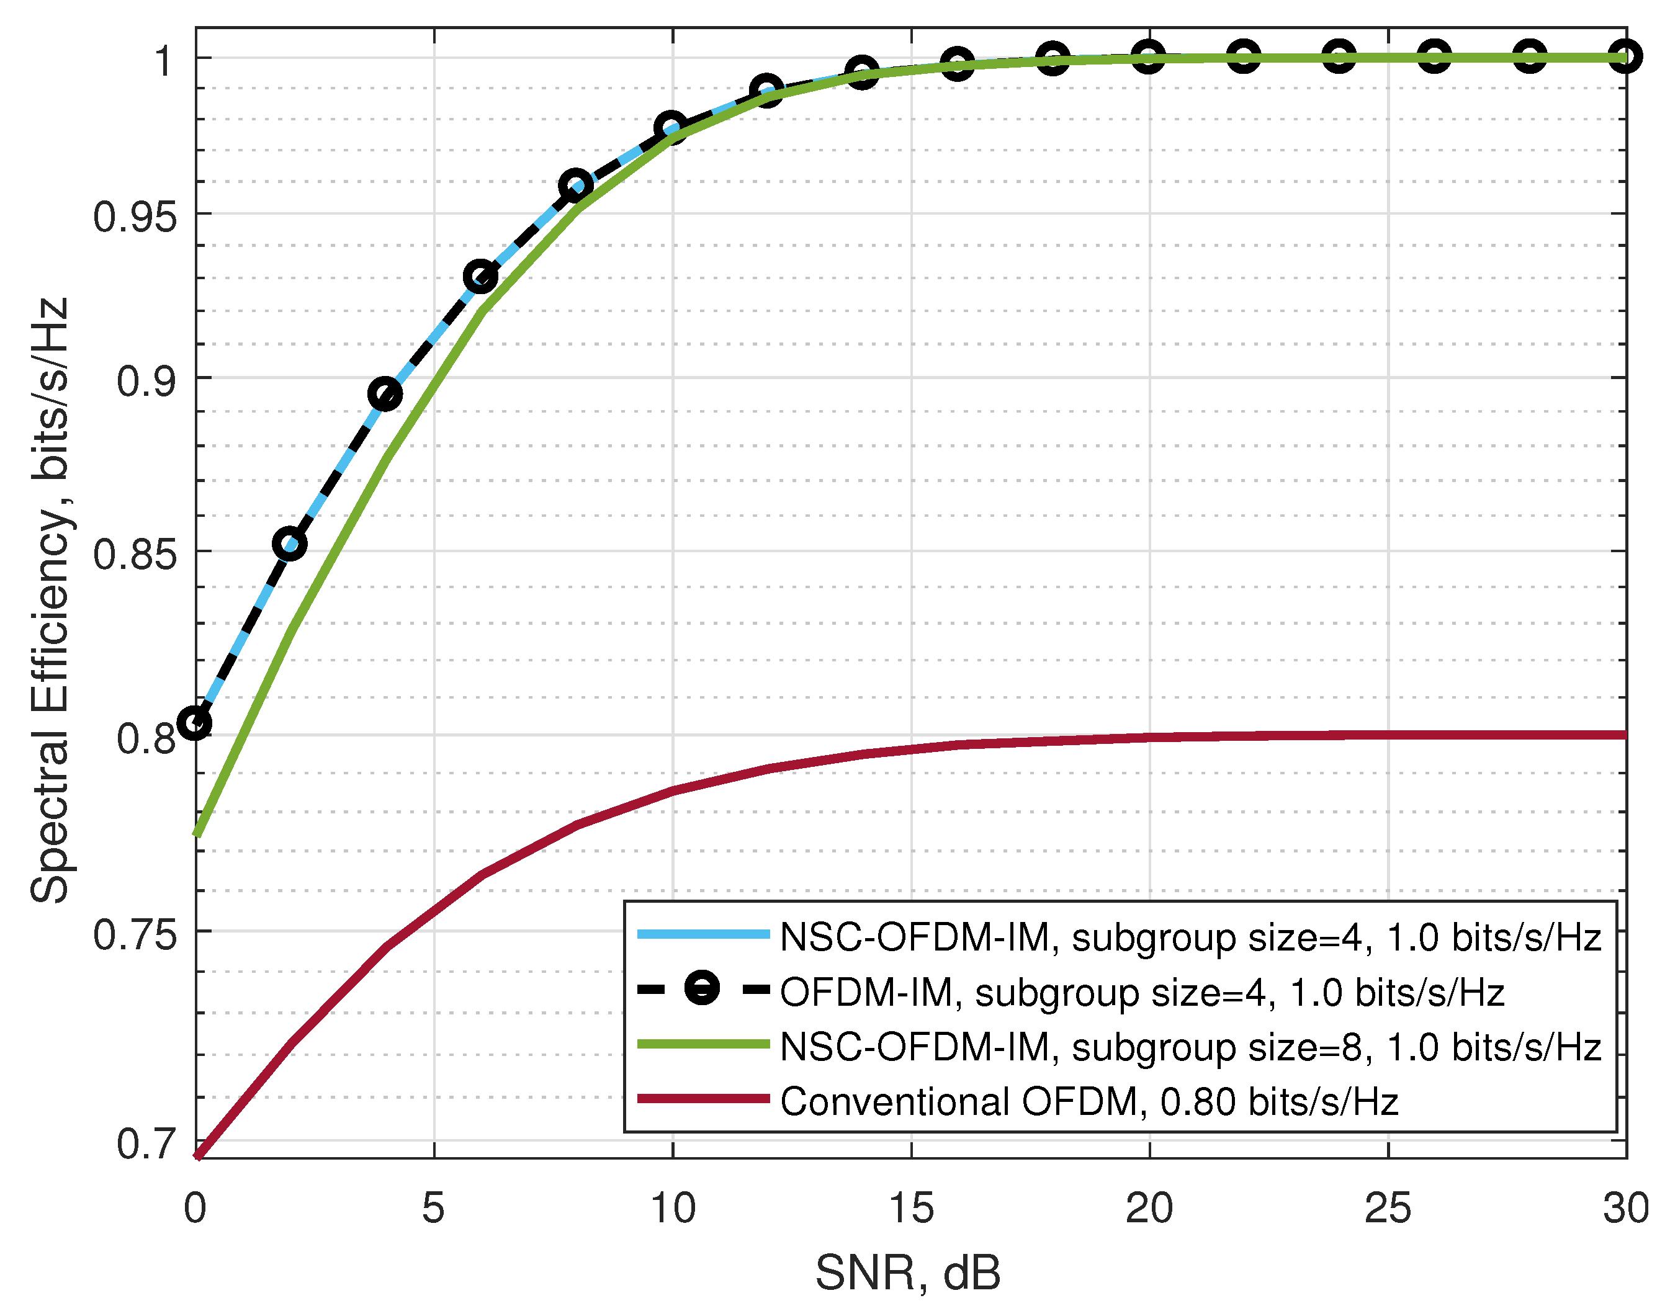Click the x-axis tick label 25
(1388, 1209)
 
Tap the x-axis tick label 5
(433, 1209)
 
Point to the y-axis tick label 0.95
(135, 217)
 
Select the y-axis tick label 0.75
(135, 935)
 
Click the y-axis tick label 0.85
(135, 554)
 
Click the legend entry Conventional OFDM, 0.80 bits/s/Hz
(1089, 1103)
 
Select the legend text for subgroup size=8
(1190, 1047)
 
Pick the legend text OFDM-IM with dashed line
(1142, 993)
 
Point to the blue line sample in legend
(703, 934)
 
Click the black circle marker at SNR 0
(195, 723)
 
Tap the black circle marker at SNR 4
(385, 395)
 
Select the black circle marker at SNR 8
(576, 186)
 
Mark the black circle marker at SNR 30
(1625, 57)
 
